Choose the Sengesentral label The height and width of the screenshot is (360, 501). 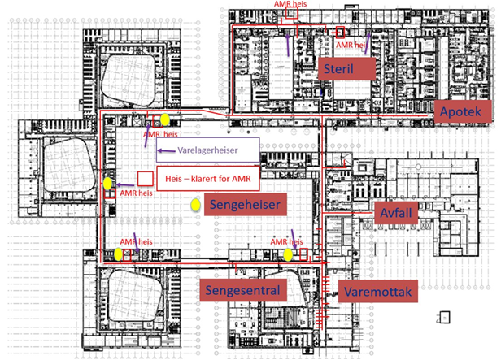[240, 289]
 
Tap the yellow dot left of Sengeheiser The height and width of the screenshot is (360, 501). [195, 206]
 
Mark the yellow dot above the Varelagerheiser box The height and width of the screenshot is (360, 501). [165, 119]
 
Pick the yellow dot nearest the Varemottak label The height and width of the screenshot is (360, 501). [289, 254]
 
